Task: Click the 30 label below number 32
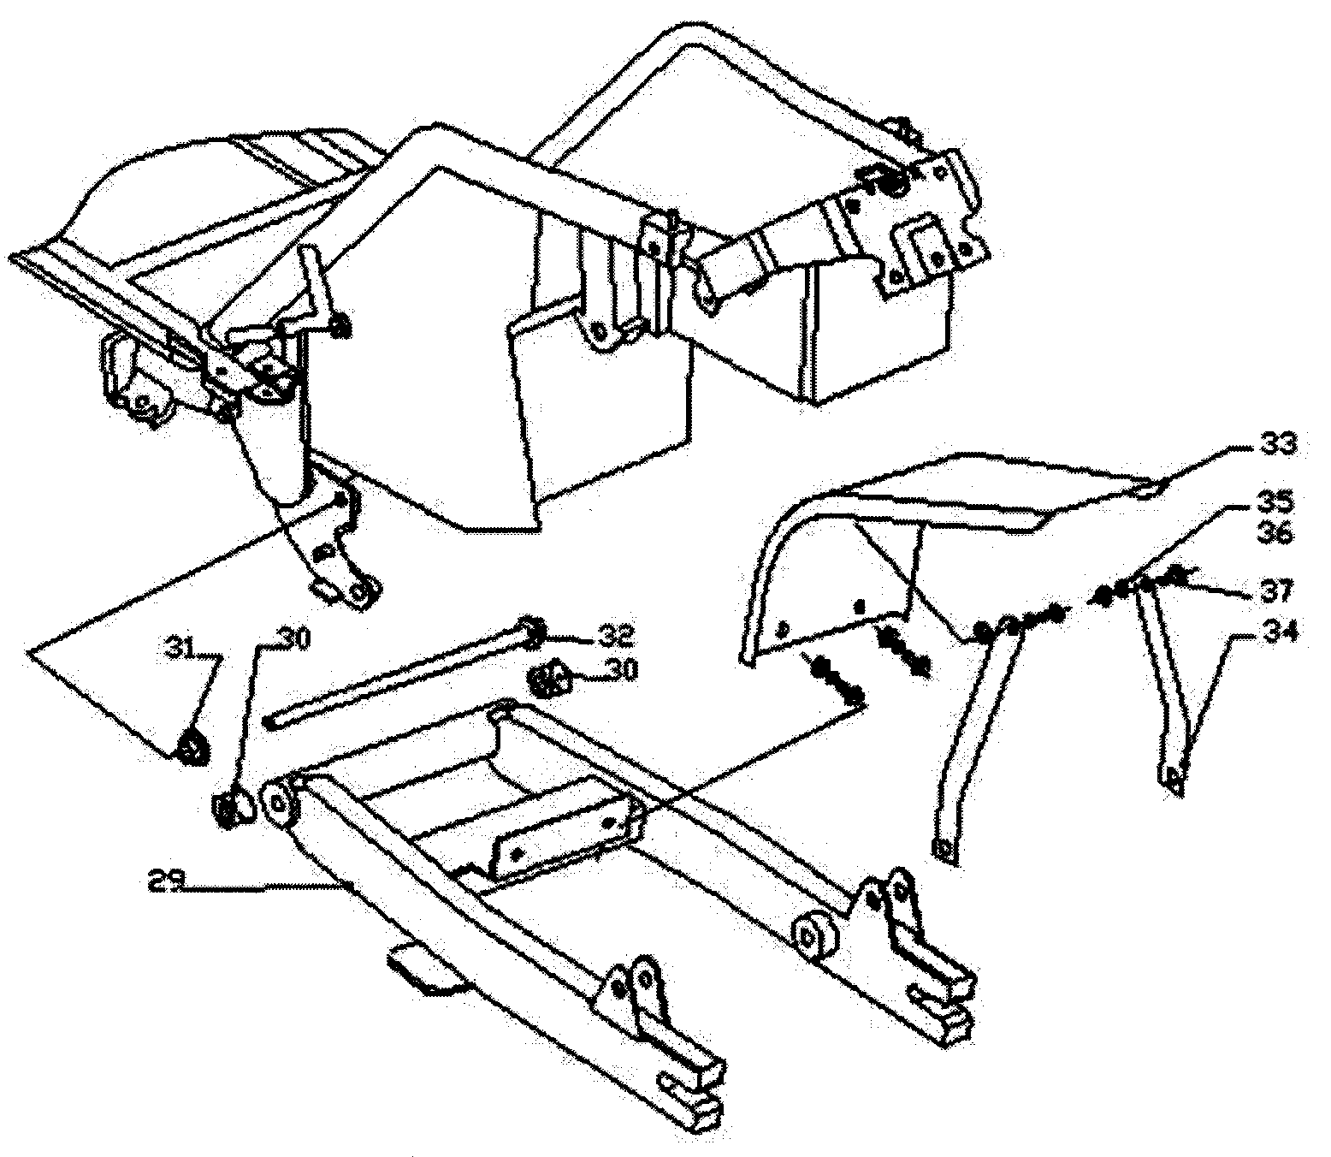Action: click(x=618, y=670)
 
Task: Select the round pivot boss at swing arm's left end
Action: click(x=279, y=804)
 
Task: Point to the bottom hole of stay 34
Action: click(x=1174, y=779)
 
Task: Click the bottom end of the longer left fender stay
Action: click(x=944, y=849)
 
